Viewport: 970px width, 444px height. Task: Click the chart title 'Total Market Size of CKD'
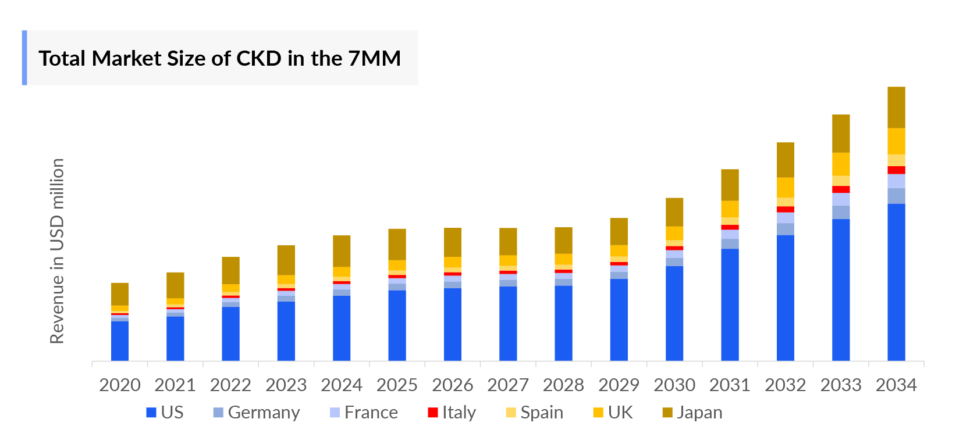[219, 59]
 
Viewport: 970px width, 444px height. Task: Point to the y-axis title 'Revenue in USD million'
[57, 251]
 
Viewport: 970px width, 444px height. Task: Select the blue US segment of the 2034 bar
[896, 282]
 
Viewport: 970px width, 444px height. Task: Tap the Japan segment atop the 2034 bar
[896, 108]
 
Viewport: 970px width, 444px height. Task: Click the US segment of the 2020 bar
[120, 341]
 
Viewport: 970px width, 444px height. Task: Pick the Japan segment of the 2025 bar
[397, 244]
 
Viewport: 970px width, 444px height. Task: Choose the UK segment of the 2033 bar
[841, 164]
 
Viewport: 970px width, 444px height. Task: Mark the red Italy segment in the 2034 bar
[896, 170]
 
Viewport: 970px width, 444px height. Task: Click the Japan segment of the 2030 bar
[674, 212]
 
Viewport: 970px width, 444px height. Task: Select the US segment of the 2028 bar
[563, 323]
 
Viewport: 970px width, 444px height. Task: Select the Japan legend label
[699, 413]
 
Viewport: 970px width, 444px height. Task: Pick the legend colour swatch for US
[151, 413]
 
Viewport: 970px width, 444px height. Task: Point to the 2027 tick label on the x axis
[508, 385]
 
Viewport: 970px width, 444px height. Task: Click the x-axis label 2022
[230, 385]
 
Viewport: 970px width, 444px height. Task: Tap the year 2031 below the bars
[730, 385]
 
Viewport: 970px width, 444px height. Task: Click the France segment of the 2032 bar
[786, 218]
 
